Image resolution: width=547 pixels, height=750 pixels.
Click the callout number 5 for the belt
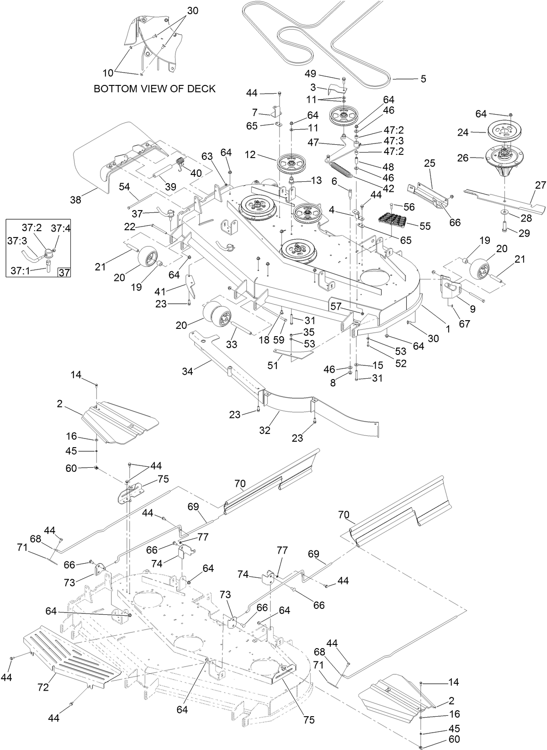pos(423,79)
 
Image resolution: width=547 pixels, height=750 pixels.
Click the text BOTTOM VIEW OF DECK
pos(154,89)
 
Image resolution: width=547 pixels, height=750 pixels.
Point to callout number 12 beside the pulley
pos(250,155)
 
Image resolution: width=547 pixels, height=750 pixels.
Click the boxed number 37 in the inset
pos(64,273)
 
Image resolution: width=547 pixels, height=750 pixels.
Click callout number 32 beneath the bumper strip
pos(265,430)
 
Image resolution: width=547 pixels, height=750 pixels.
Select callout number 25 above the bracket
pos(430,163)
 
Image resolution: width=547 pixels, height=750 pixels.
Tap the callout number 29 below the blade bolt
pos(524,233)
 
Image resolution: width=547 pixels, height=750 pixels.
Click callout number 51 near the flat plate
pos(273,365)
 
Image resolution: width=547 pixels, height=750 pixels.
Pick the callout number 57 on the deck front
pos(336,306)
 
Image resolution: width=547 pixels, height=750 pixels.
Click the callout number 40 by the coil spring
pos(196,173)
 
